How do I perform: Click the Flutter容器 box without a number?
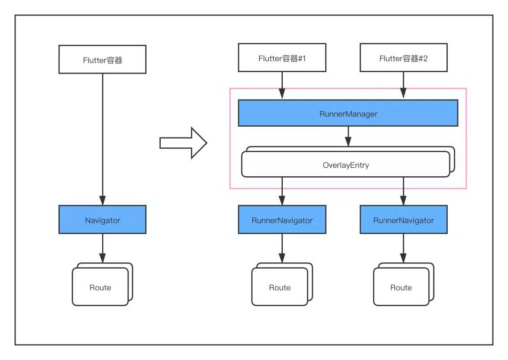coord(102,59)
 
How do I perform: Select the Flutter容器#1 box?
coord(282,57)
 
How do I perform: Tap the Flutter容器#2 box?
coord(403,57)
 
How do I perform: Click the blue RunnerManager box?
coord(348,113)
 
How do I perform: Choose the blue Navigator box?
coord(102,220)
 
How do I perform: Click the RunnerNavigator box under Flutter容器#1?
coord(282,220)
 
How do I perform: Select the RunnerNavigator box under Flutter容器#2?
coord(403,220)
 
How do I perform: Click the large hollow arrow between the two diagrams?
coord(183,143)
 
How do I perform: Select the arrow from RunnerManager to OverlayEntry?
coord(348,137)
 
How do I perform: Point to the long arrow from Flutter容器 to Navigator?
coord(103,139)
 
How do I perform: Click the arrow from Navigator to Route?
coord(103,248)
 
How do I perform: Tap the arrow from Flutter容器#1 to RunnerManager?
coord(282,85)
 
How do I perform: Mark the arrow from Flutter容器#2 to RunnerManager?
coord(403,85)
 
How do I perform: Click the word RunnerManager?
coord(348,114)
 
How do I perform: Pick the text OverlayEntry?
coord(346,165)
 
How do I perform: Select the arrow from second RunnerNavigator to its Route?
coord(403,248)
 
